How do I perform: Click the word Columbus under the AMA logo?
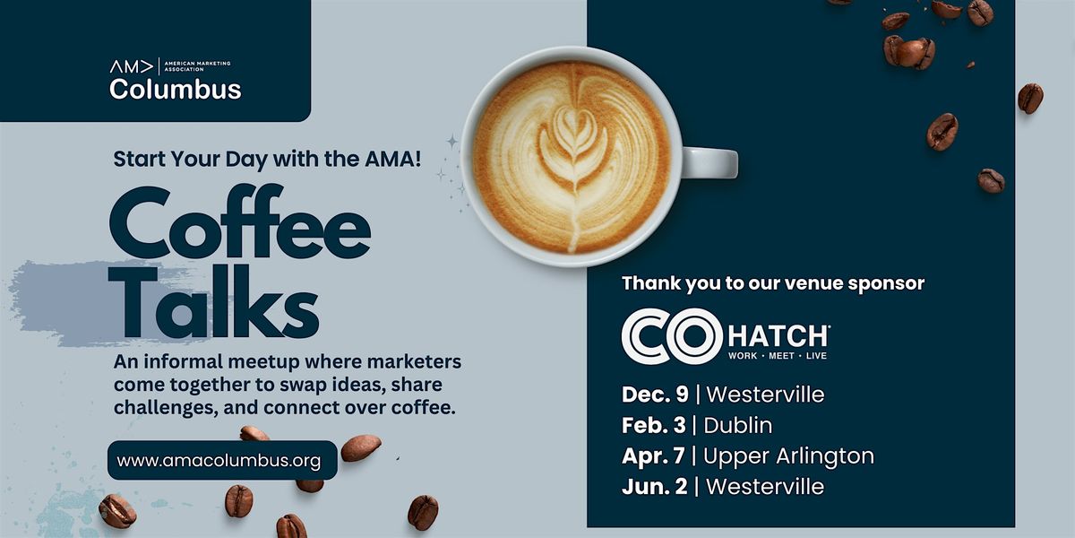(x=175, y=90)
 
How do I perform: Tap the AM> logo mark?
(x=131, y=66)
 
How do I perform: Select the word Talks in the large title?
(x=215, y=305)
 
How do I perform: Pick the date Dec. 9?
(x=655, y=395)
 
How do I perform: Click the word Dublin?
(x=738, y=425)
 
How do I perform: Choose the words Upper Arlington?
(x=788, y=456)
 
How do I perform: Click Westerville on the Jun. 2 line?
(x=764, y=487)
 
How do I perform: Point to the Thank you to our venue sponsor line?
(x=772, y=283)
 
